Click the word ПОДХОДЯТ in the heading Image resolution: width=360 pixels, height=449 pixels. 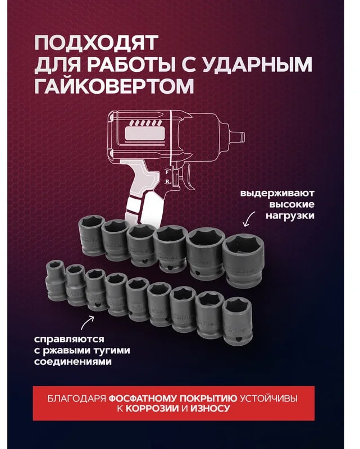[x=97, y=43]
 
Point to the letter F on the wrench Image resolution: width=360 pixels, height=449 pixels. [x=167, y=172]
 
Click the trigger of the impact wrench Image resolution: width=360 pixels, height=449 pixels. [x=188, y=177]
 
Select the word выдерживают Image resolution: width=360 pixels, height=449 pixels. [x=277, y=193]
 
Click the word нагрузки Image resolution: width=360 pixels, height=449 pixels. [x=290, y=216]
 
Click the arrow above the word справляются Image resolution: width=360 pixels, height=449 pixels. [x=87, y=323]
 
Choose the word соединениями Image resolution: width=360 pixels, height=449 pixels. [x=73, y=361]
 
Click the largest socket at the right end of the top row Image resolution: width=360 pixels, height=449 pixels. [x=243, y=261]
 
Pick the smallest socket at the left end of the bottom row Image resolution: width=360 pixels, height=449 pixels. [x=56, y=281]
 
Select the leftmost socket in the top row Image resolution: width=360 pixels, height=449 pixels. [x=92, y=235]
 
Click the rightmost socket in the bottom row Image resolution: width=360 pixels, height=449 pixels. [x=238, y=321]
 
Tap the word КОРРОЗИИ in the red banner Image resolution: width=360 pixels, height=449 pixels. [x=153, y=409]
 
